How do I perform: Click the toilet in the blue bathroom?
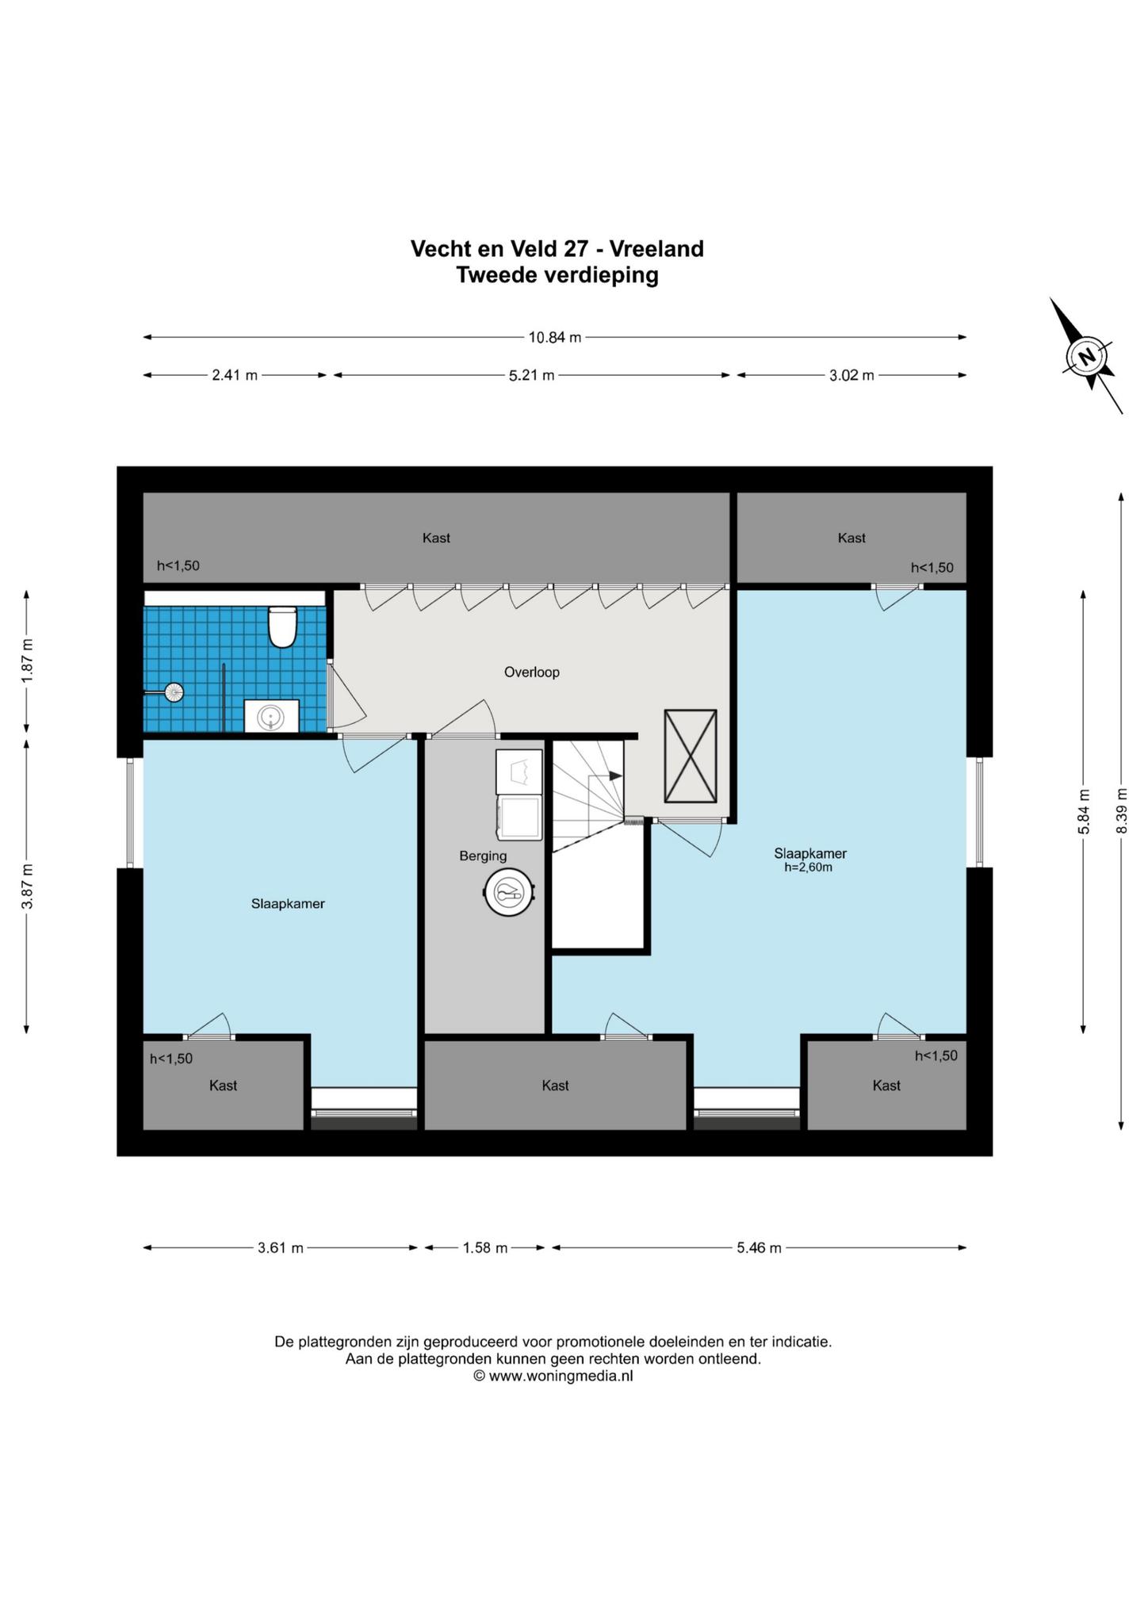coord(282,626)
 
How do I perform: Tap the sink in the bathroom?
coord(271,716)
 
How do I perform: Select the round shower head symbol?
coord(173,692)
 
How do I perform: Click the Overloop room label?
coord(532,672)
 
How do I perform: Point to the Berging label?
coord(483,856)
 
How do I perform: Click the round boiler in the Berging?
coord(508,894)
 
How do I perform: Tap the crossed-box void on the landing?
coord(690,756)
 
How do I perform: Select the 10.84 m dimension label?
coord(555,337)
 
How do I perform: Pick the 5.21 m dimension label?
coord(531,375)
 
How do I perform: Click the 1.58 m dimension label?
coord(485,1247)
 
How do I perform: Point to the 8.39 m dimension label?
coord(1121,810)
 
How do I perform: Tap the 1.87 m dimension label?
coord(27,661)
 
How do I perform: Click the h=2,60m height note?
coord(809,868)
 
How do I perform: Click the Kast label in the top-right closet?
coord(851,538)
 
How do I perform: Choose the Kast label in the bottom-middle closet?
coord(555,1086)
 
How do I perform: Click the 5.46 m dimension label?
coord(759,1247)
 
